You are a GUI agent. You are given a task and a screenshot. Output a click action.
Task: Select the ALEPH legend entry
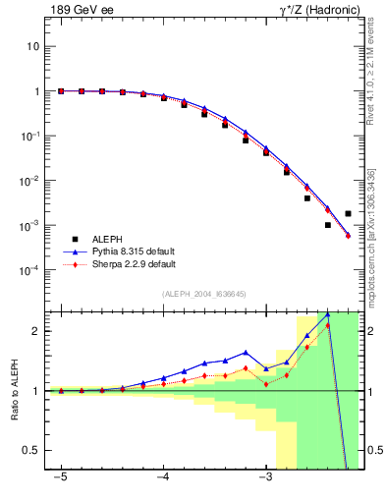click(x=109, y=239)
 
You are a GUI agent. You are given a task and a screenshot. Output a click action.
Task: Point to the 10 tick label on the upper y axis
click(x=32, y=46)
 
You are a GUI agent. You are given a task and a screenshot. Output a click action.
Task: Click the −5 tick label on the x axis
click(x=61, y=478)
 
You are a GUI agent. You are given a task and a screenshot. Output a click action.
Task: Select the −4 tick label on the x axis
click(x=163, y=478)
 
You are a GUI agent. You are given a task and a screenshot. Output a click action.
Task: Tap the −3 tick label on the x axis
click(x=265, y=478)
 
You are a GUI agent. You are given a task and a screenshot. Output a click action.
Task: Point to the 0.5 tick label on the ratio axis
click(x=31, y=450)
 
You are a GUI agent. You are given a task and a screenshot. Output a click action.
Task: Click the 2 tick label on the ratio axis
click(x=35, y=331)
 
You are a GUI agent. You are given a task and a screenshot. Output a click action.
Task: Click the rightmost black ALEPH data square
click(x=348, y=213)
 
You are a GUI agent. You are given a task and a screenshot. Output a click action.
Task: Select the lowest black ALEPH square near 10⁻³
click(x=328, y=225)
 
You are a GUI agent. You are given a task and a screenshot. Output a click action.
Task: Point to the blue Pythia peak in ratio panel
click(x=327, y=313)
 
